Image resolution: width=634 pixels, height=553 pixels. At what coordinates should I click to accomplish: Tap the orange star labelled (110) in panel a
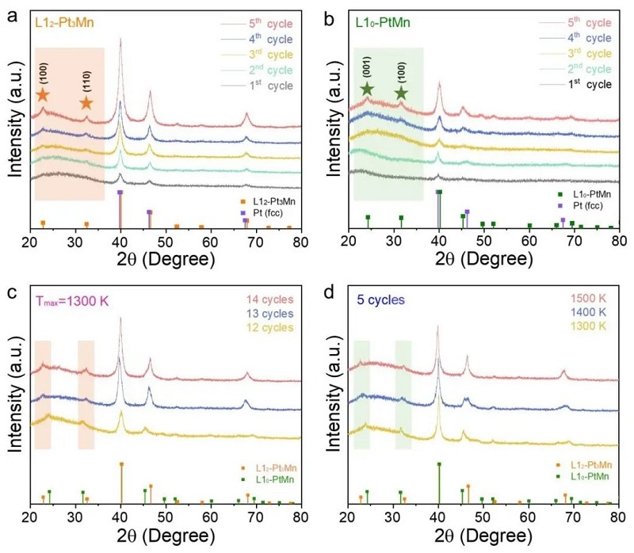pyautogui.click(x=86, y=102)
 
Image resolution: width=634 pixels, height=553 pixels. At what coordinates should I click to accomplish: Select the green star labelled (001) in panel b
pyautogui.click(x=366, y=90)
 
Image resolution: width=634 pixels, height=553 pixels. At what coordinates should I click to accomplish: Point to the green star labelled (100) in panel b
pyautogui.click(x=401, y=93)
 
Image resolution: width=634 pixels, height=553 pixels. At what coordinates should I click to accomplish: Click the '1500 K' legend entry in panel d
pyautogui.click(x=587, y=299)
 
